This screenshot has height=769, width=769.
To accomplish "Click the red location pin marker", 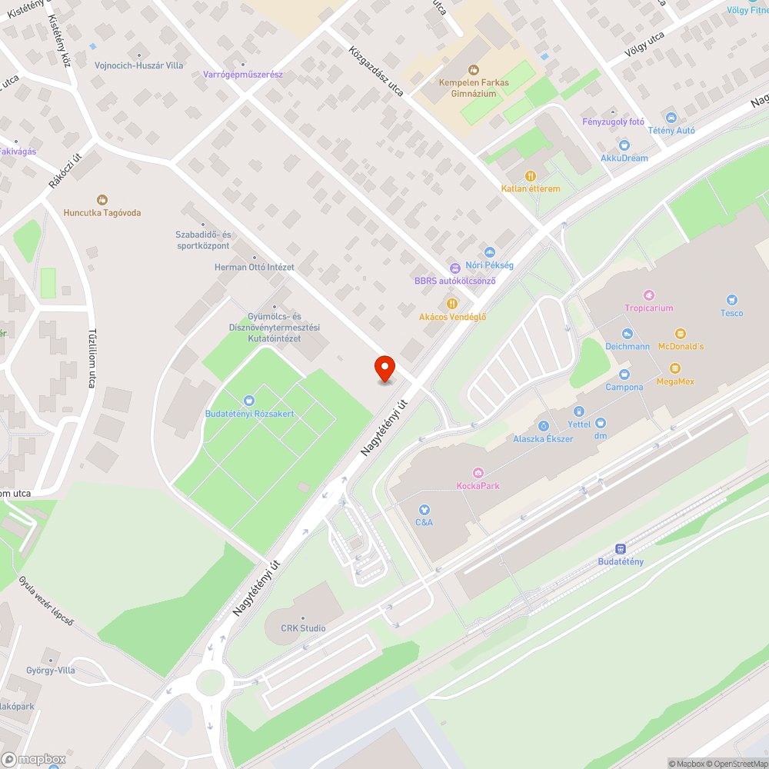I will [x=384, y=369].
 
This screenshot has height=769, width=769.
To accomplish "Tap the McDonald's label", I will [x=681, y=346].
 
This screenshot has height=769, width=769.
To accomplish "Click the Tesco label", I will [x=731, y=313].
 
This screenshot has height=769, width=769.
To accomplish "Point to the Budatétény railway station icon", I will [x=621, y=549].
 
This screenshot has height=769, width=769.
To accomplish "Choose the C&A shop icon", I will [x=424, y=509].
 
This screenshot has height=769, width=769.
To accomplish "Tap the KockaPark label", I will [x=478, y=485].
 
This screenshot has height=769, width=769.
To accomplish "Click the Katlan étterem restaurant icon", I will [x=530, y=176].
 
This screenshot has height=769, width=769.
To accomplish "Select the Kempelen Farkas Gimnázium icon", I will [x=473, y=69].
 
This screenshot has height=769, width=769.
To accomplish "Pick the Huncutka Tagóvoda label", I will [x=102, y=213].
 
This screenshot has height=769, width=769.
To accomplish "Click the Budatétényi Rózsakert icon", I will [x=248, y=400].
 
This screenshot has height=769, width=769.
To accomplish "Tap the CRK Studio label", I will [x=303, y=628].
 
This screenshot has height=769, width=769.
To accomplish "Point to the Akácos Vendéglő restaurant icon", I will [x=452, y=304].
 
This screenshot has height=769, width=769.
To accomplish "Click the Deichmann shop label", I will [x=627, y=346].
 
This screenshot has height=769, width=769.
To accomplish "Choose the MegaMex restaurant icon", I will [x=675, y=368].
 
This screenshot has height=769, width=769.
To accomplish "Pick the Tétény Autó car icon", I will [x=671, y=118].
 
